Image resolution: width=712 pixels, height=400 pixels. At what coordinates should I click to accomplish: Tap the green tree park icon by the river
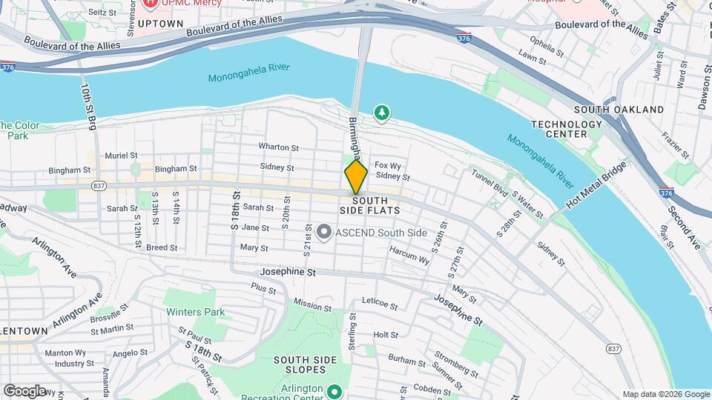coord(382,113)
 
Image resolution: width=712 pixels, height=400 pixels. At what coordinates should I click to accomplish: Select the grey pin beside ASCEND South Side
coord(323,233)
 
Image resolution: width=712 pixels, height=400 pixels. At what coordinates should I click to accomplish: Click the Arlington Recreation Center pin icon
coord(334,390)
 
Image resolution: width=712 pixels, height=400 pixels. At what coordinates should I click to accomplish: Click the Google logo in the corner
coord(24,390)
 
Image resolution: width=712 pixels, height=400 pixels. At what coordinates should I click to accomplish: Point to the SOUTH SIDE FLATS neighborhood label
coord(375,205)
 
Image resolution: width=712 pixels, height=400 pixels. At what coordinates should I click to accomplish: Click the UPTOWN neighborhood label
coord(159,24)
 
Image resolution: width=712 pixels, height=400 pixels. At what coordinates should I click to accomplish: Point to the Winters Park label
coord(195,312)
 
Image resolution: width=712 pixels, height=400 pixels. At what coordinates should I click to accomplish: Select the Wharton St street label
coord(278,147)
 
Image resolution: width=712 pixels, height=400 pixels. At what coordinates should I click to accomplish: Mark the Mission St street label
coord(312,304)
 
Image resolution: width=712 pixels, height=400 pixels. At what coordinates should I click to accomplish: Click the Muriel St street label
coord(122,156)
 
